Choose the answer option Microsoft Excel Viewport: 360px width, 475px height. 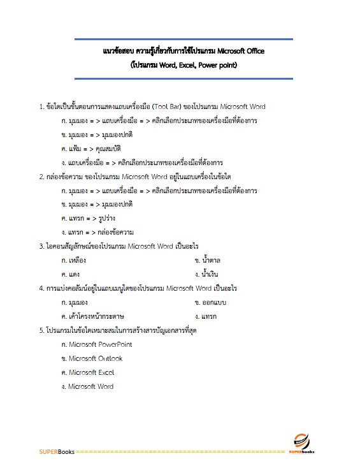pos(88,372)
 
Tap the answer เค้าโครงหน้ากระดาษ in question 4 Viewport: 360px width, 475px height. pos(93,316)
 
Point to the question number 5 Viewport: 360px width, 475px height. pos(41,330)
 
